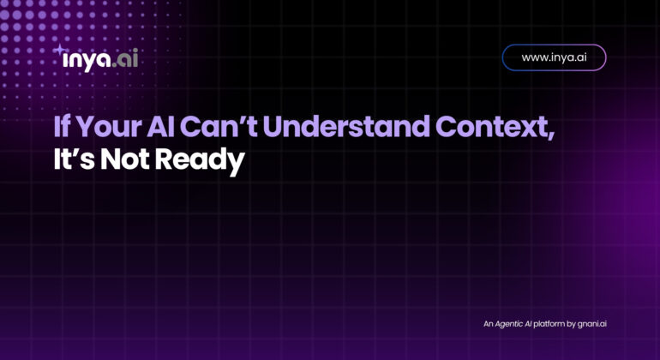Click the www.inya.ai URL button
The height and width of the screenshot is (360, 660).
554,57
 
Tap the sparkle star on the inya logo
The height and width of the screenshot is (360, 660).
59,49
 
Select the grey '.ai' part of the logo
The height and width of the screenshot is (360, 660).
125,59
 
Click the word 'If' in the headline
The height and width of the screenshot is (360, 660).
62,127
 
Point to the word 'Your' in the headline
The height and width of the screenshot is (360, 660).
110,127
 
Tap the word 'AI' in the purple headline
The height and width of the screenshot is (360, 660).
161,127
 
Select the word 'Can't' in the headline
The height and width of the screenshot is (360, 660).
219,126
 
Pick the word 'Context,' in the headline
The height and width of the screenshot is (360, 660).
495,127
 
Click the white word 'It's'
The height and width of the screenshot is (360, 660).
74,159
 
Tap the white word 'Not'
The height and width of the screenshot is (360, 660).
124,159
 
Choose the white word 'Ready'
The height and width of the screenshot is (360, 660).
200,161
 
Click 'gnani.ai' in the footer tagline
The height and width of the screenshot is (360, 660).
591,324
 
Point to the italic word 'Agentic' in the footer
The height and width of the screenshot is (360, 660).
508,324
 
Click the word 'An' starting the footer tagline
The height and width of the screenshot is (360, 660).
488,324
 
